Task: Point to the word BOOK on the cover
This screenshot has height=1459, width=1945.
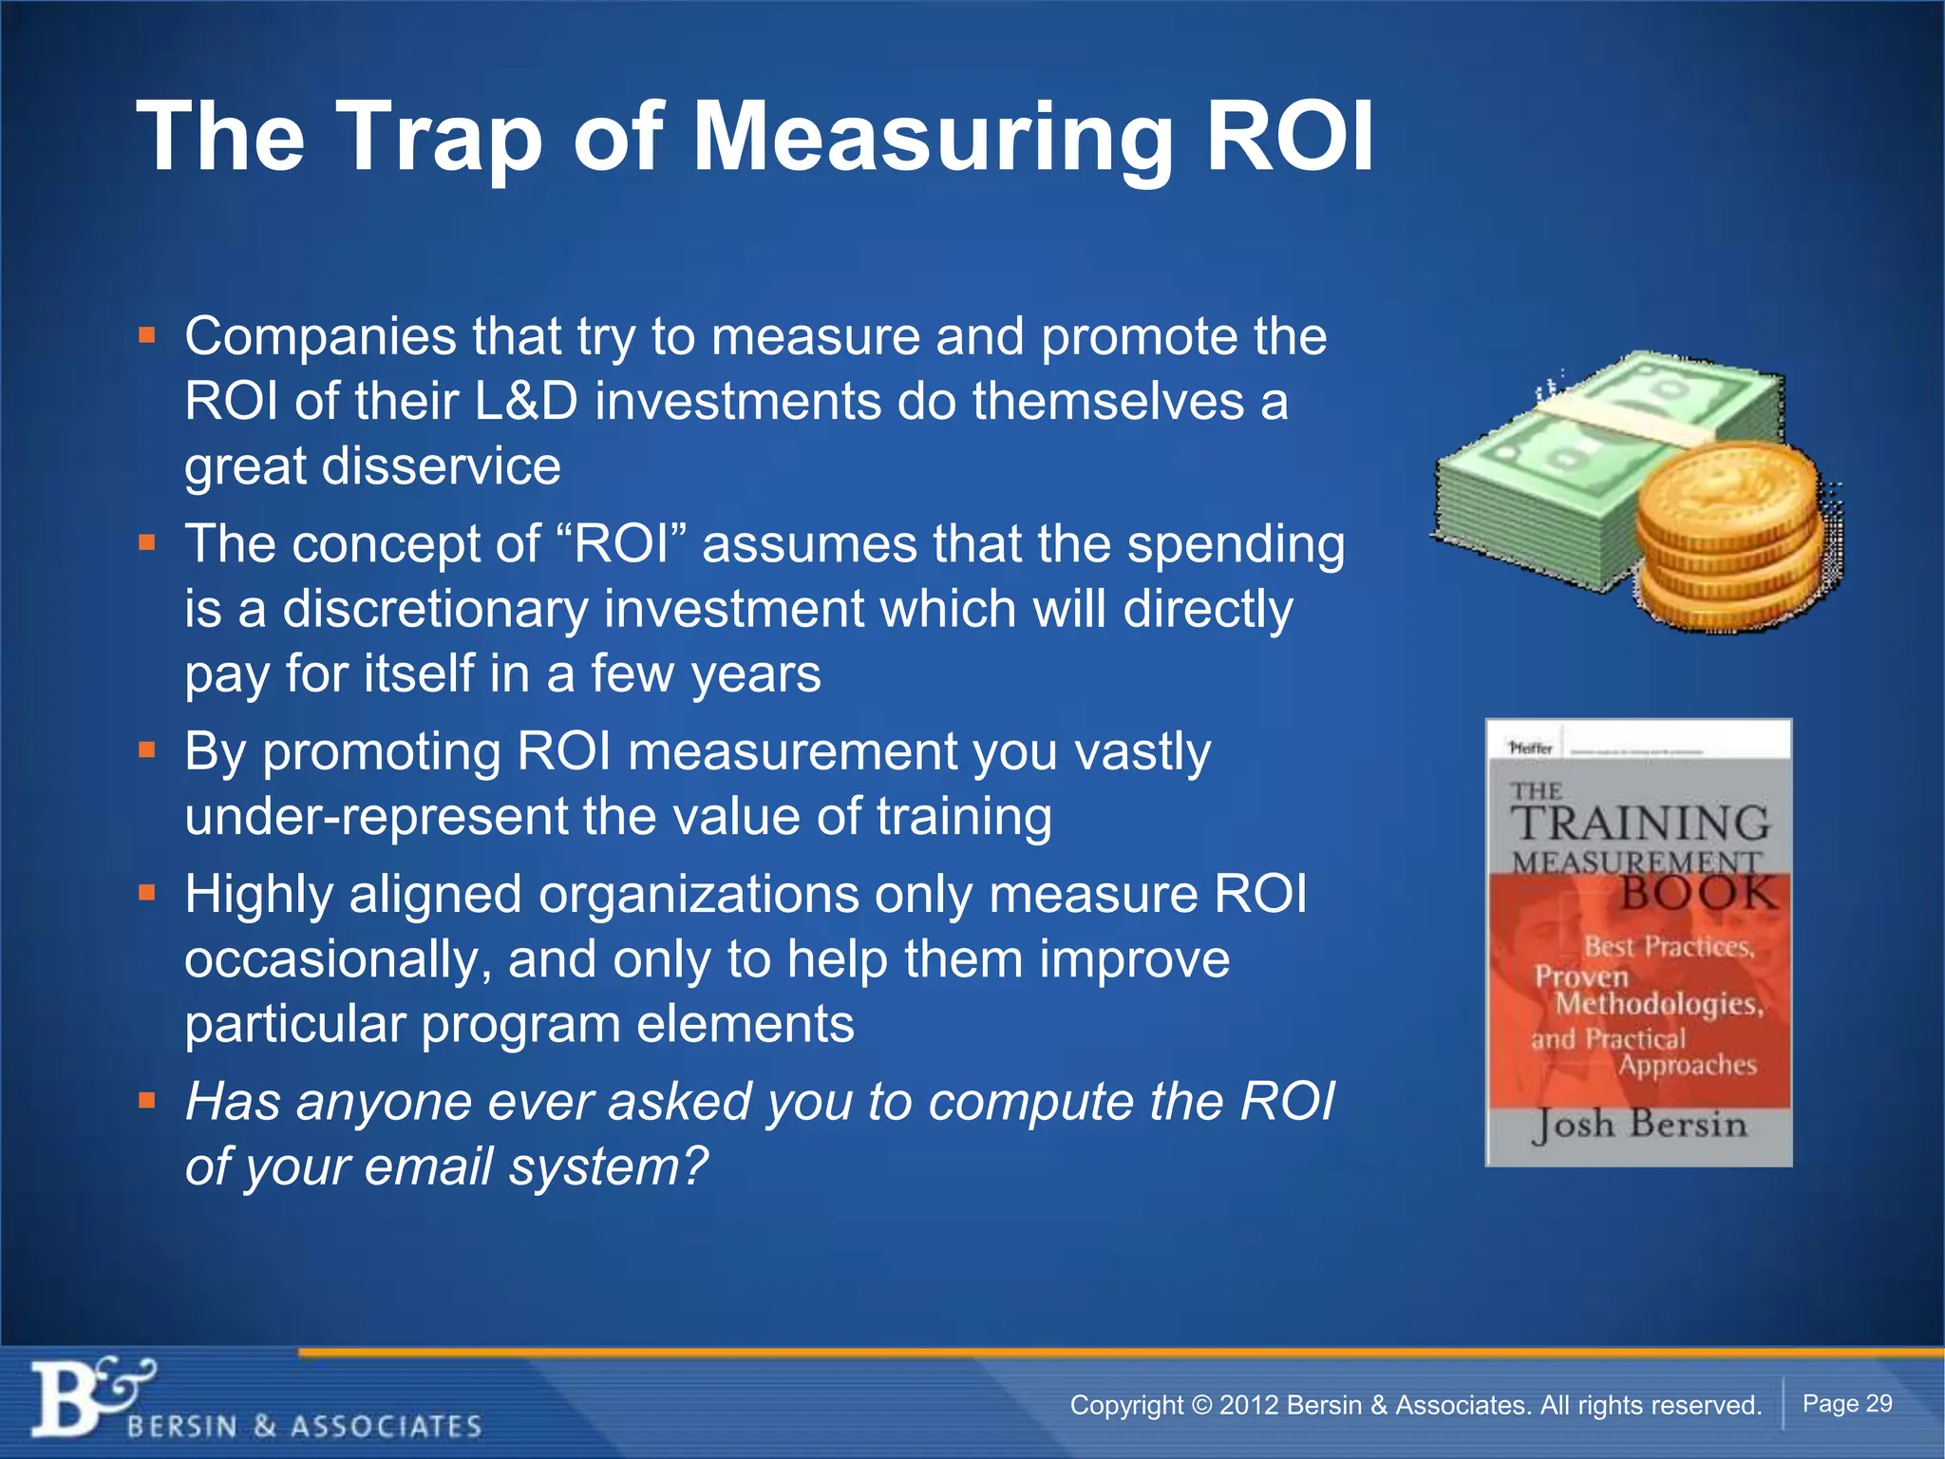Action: click(1697, 894)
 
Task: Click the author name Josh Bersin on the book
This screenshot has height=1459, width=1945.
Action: click(1639, 1126)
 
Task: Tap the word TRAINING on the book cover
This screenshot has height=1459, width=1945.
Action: click(1641, 823)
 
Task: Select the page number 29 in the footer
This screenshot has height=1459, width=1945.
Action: click(1879, 1404)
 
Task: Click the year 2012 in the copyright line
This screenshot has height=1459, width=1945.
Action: click(1251, 1406)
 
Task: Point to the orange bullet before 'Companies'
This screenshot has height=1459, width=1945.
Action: click(146, 335)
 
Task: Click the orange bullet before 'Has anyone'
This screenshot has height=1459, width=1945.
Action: click(146, 1101)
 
